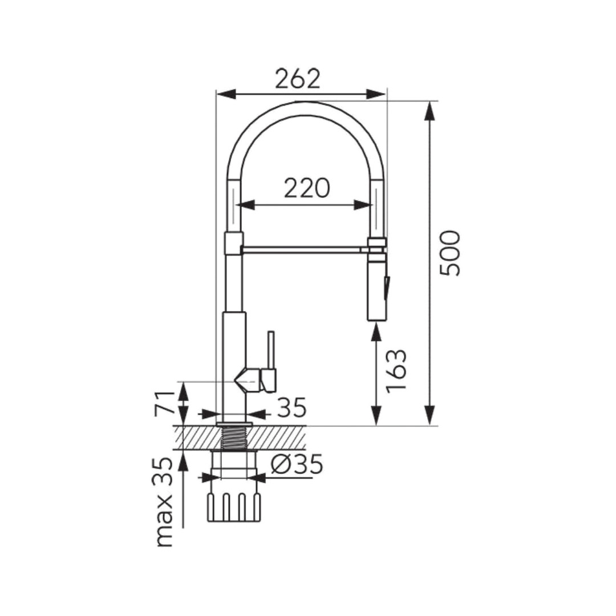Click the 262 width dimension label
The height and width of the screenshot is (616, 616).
pos(298,79)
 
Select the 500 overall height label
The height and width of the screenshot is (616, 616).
pos(449,253)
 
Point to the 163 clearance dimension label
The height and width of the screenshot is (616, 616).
pos(395,371)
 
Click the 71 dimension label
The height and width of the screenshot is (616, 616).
pos(164,403)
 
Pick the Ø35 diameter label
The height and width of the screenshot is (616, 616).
pos(297,464)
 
